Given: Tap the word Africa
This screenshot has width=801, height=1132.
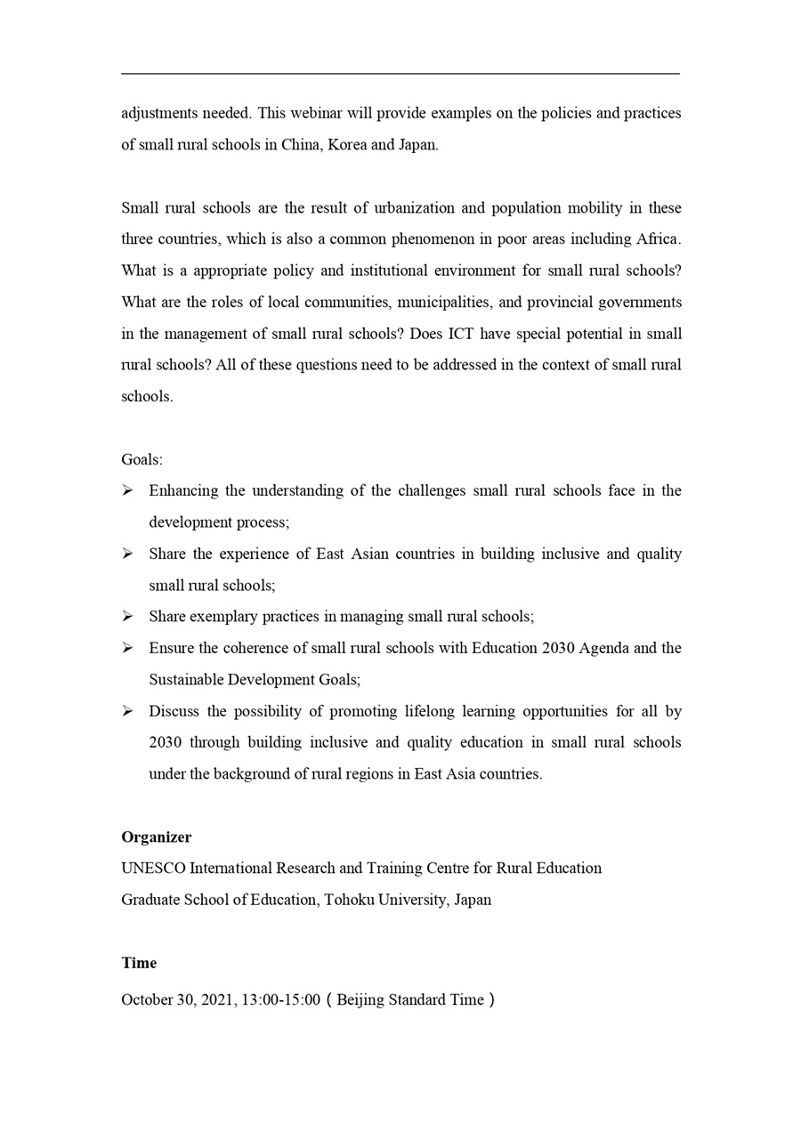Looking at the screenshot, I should [x=658, y=239].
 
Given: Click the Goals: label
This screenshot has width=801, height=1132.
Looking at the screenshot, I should [x=142, y=460].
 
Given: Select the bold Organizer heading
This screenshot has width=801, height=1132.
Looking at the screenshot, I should [x=157, y=837].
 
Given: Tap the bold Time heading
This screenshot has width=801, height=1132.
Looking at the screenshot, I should [x=139, y=963].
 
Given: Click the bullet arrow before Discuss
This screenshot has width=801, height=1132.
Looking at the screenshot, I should [x=127, y=711].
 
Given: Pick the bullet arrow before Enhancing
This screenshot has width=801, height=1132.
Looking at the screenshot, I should [x=127, y=490].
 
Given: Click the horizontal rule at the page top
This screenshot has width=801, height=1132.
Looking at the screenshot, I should [x=400, y=74].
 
